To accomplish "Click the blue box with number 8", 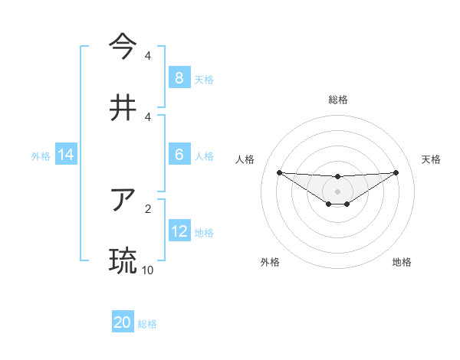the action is click(x=179, y=77).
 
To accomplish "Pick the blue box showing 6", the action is click(x=179, y=155).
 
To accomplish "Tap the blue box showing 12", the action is click(x=179, y=231).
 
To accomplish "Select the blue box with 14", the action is click(x=66, y=155).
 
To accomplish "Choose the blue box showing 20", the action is click(x=123, y=322).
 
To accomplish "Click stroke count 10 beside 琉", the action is click(x=148, y=270).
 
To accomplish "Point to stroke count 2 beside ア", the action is click(x=148, y=208).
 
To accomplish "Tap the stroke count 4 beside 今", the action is click(x=148, y=55).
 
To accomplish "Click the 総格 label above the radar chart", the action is click(x=338, y=100).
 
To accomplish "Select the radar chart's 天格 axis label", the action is click(x=431, y=159).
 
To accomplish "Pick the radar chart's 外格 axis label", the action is click(x=270, y=262).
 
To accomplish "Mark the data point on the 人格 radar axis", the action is click(x=279, y=172).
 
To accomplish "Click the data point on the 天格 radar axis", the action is click(x=396, y=172).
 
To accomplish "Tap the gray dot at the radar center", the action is click(x=338, y=191).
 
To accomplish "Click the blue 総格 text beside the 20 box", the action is click(x=147, y=324).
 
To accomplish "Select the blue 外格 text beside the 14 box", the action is click(x=40, y=156).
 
